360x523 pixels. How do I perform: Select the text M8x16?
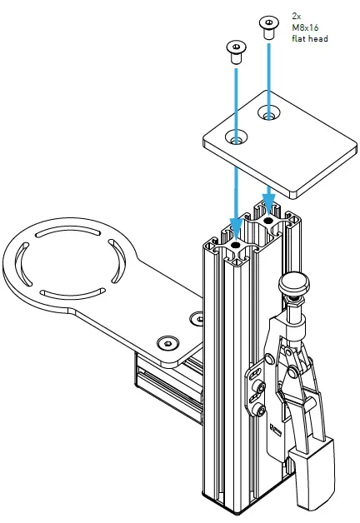tap(304, 27)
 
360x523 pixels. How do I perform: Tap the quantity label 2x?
tap(297, 16)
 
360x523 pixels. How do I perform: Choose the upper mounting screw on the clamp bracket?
tap(262, 387)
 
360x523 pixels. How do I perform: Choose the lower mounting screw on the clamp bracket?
tap(262, 409)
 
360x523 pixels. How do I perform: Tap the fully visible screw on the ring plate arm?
tap(169, 342)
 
